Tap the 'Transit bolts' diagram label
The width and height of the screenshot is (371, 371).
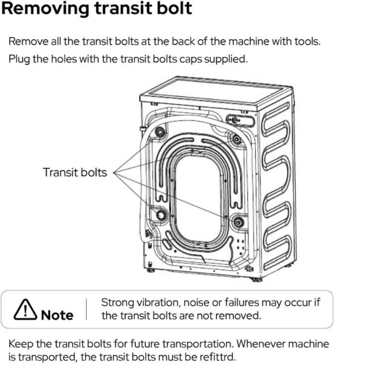[75, 173]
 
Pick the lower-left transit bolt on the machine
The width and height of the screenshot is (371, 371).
[162, 215]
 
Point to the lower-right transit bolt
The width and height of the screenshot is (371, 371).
[237, 222]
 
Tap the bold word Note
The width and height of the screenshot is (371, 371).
[57, 315]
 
